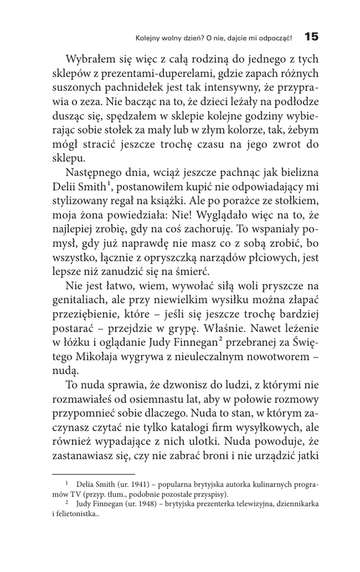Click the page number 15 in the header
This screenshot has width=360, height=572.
click(x=311, y=37)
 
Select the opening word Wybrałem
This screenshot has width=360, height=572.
click(x=91, y=60)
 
